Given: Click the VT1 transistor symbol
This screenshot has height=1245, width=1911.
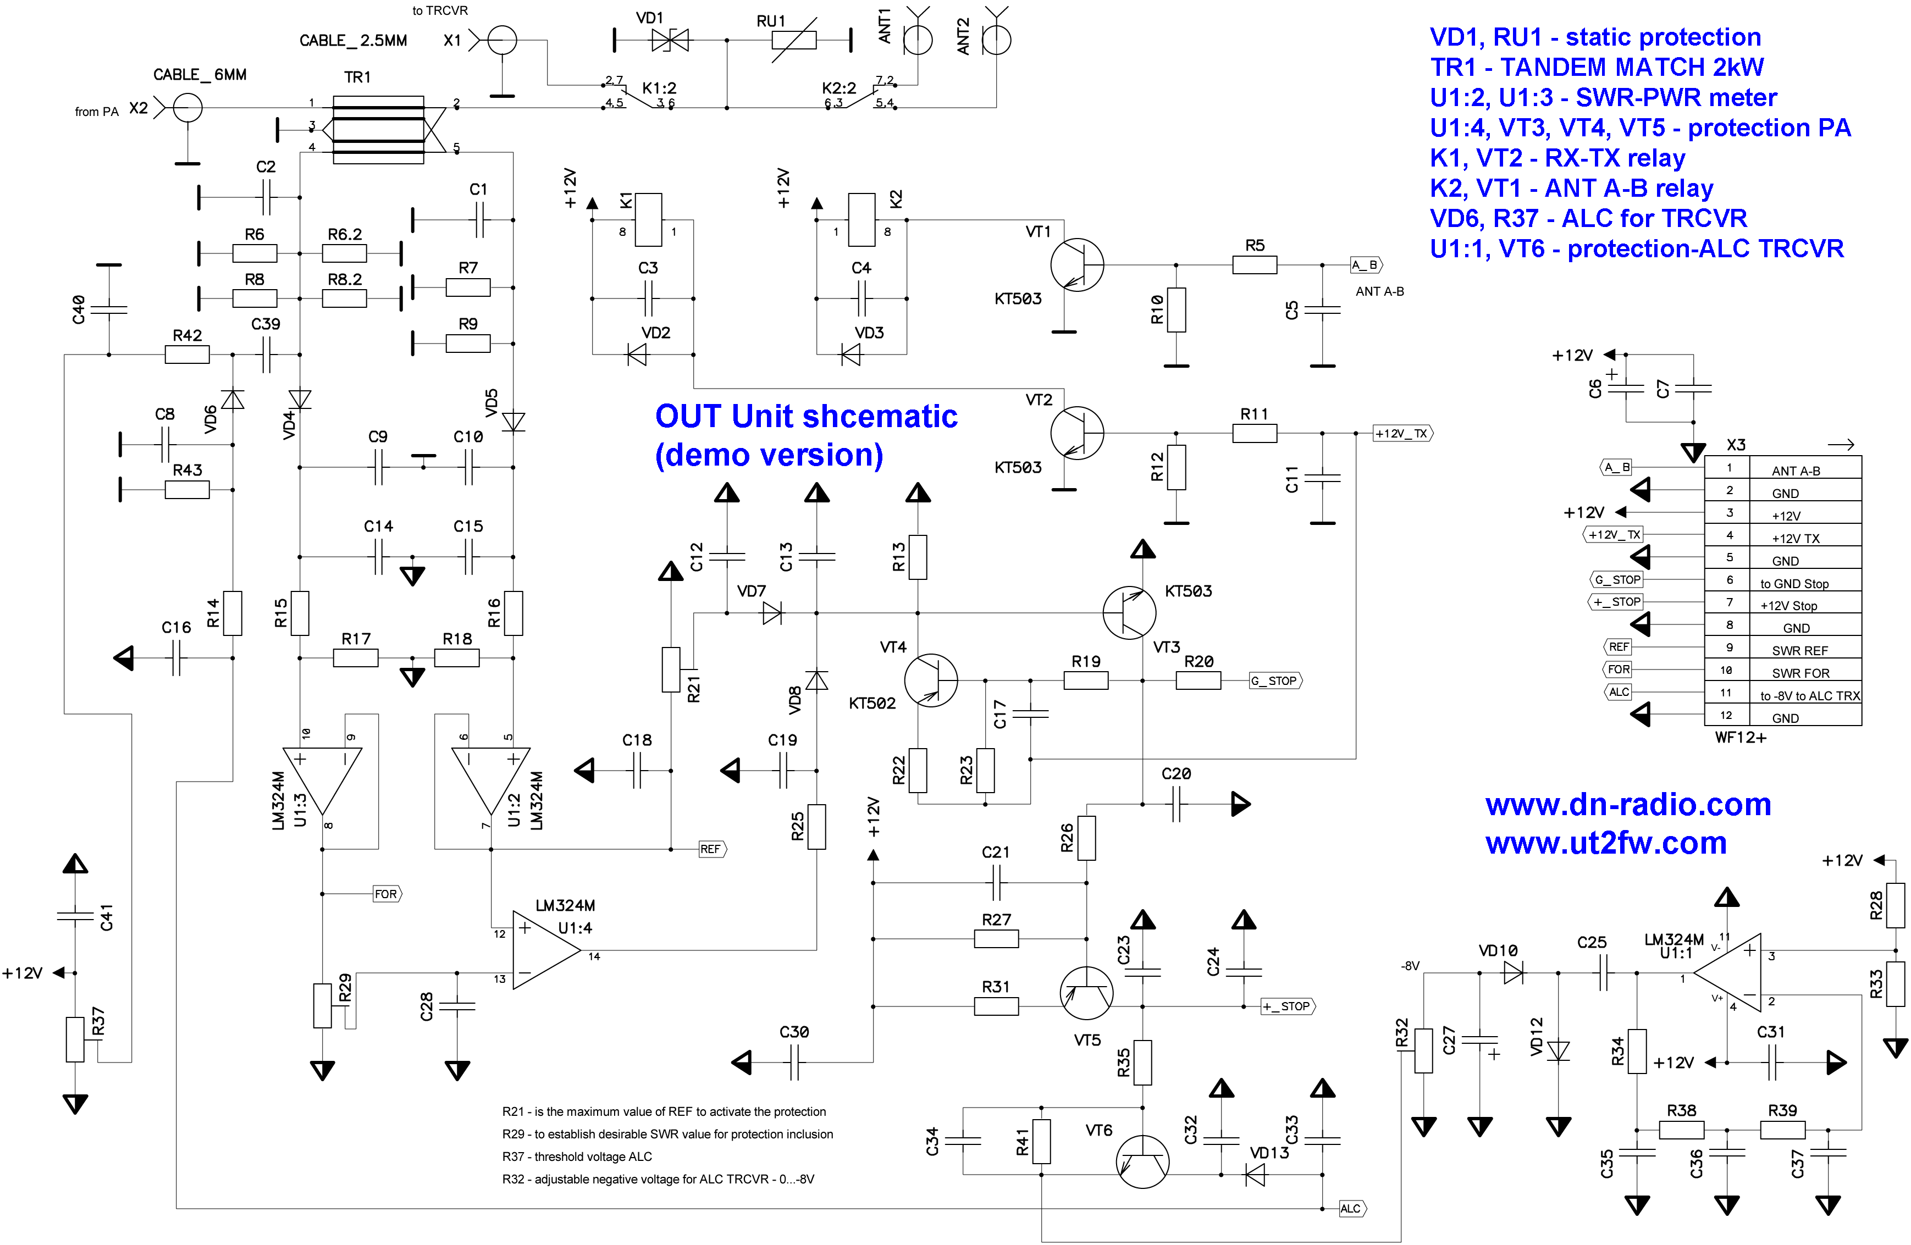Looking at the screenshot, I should pyautogui.click(x=1077, y=264).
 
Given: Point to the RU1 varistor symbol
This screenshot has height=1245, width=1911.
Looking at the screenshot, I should pyautogui.click(x=793, y=40).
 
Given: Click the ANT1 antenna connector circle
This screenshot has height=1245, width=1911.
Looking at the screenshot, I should pyautogui.click(x=918, y=40).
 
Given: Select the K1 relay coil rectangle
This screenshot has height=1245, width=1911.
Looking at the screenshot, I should pyautogui.click(x=648, y=219).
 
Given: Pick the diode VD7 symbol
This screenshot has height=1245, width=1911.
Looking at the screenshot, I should pyautogui.click(x=772, y=613).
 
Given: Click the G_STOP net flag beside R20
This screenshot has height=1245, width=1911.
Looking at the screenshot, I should pyautogui.click(x=1274, y=680).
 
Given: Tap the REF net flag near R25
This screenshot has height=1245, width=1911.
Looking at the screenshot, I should pyautogui.click(x=711, y=849).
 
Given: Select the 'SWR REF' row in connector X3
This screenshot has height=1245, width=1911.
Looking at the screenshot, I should pyautogui.click(x=1799, y=650).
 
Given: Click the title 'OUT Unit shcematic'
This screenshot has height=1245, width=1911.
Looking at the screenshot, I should pyautogui.click(x=805, y=416).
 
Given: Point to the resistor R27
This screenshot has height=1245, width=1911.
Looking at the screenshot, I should pyautogui.click(x=996, y=938).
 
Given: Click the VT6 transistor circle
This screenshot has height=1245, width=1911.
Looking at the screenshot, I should pyautogui.click(x=1142, y=1161).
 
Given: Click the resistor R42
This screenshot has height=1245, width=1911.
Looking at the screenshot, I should pyautogui.click(x=187, y=354).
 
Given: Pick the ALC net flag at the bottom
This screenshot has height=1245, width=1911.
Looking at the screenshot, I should pyautogui.click(x=1351, y=1208).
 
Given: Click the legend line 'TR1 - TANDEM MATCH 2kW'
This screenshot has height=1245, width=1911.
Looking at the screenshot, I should pyautogui.click(x=1596, y=67).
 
